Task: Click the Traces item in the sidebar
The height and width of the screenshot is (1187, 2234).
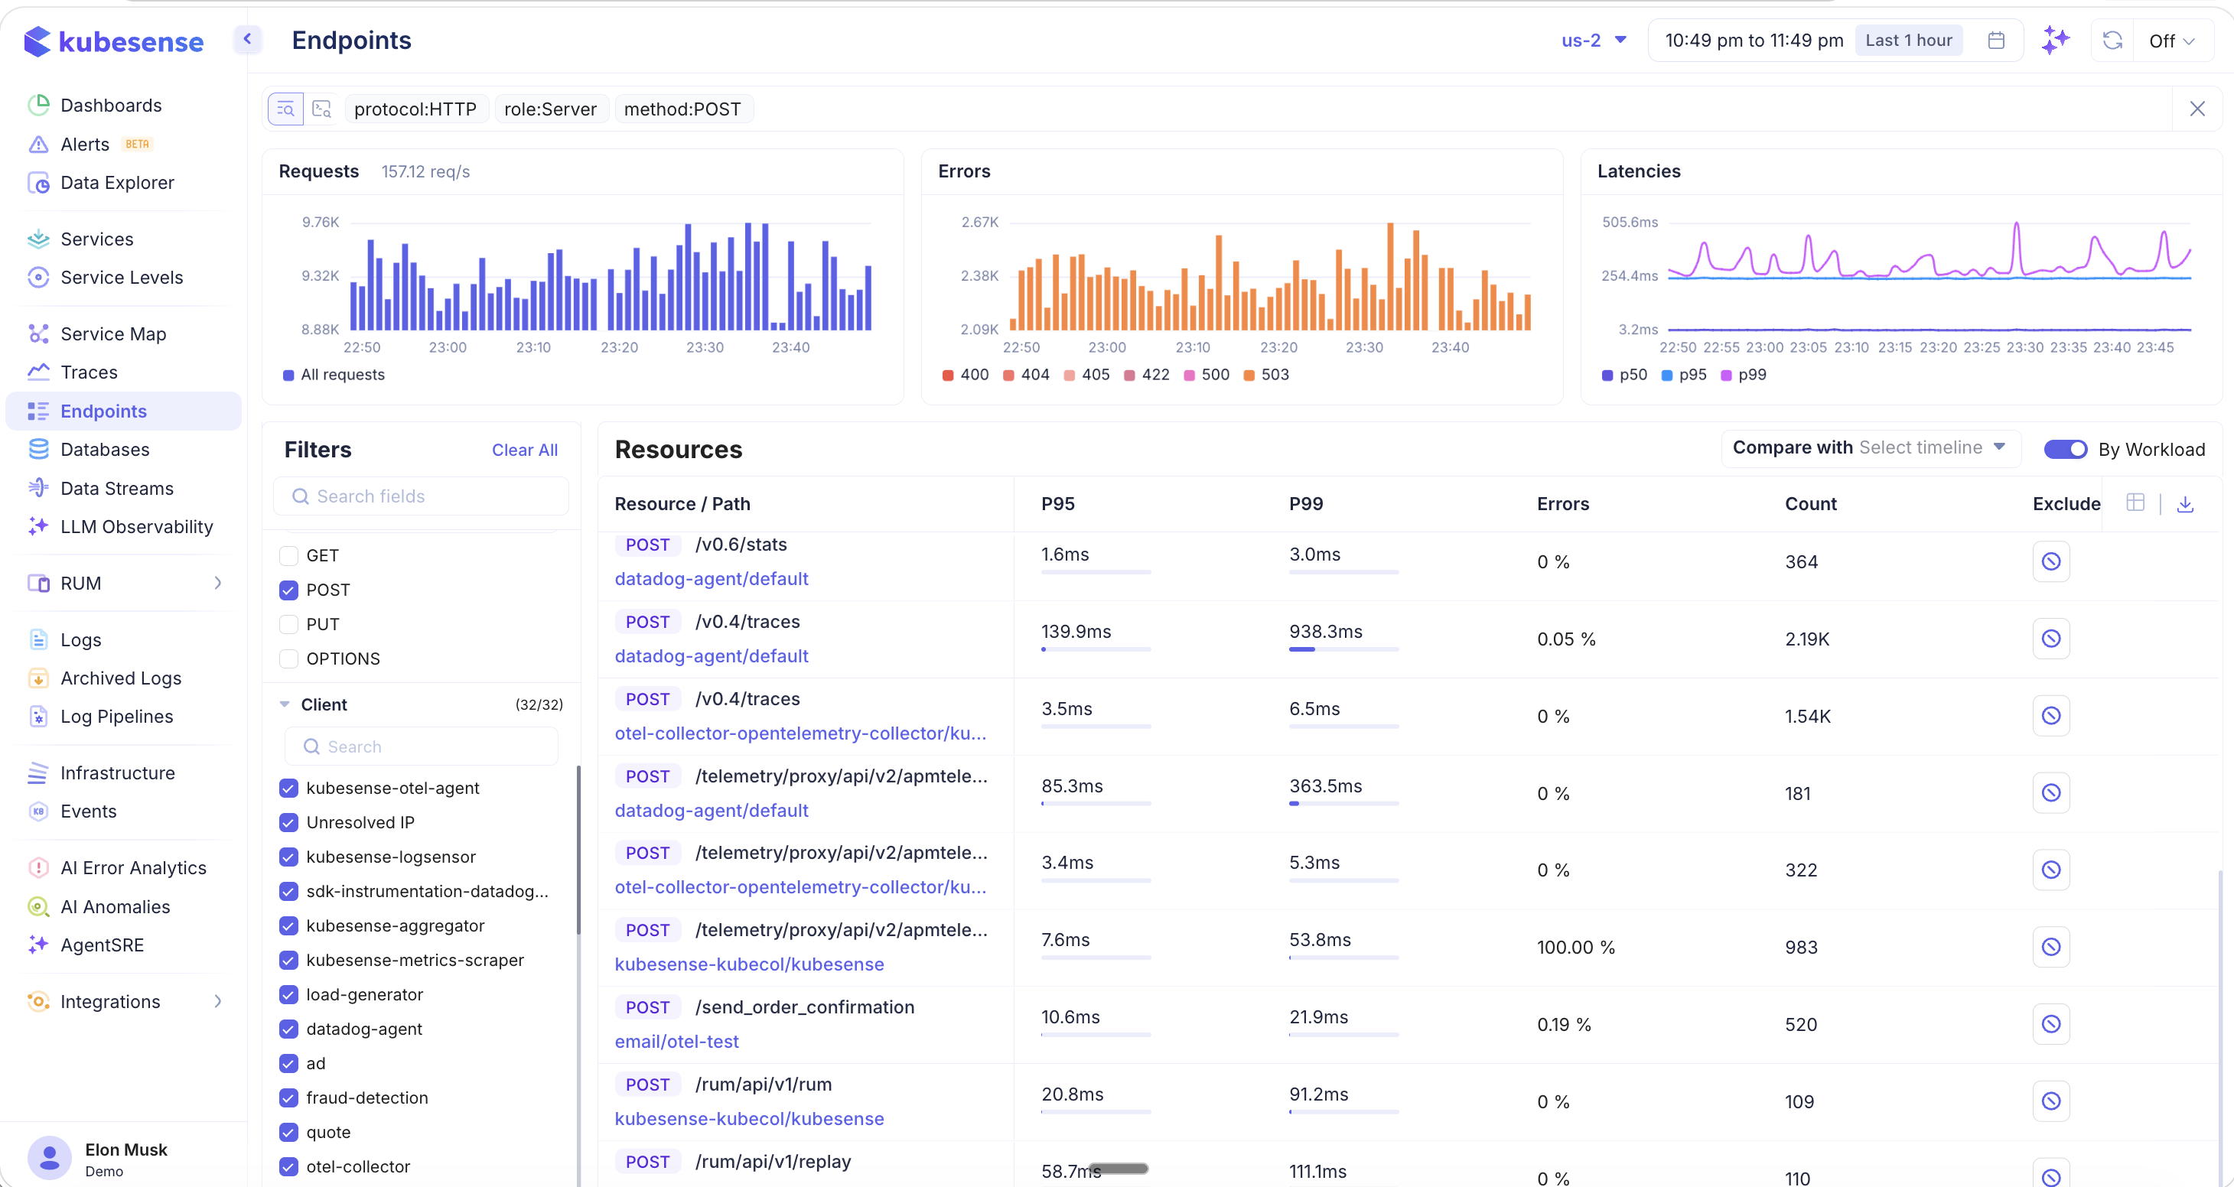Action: [x=89, y=372]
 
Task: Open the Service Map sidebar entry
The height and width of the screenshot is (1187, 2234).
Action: [x=112, y=333]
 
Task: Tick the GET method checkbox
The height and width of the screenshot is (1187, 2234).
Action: [x=288, y=556]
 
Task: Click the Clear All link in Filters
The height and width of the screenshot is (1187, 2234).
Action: [x=525, y=450]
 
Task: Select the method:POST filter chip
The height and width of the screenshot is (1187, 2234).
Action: [x=682, y=109]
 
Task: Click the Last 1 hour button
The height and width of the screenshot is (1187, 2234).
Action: [x=1908, y=41]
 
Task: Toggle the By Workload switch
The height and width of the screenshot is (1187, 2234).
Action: [x=2065, y=449]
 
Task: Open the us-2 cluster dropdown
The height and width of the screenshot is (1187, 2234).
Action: [x=1593, y=41]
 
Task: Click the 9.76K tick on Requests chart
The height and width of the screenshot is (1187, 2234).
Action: [x=320, y=222]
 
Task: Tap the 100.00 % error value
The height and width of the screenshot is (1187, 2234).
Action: [x=1575, y=948]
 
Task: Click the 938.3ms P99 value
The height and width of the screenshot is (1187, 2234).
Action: [x=1325, y=632]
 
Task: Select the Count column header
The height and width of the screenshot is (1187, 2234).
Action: [x=1810, y=504]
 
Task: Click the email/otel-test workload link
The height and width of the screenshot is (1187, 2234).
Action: [x=676, y=1042]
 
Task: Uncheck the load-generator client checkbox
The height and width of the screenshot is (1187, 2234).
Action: [x=288, y=994]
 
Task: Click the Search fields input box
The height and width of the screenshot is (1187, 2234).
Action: [x=422, y=496]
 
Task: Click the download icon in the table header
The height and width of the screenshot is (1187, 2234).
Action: [x=2184, y=504]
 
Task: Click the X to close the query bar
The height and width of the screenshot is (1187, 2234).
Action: [x=2197, y=109]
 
